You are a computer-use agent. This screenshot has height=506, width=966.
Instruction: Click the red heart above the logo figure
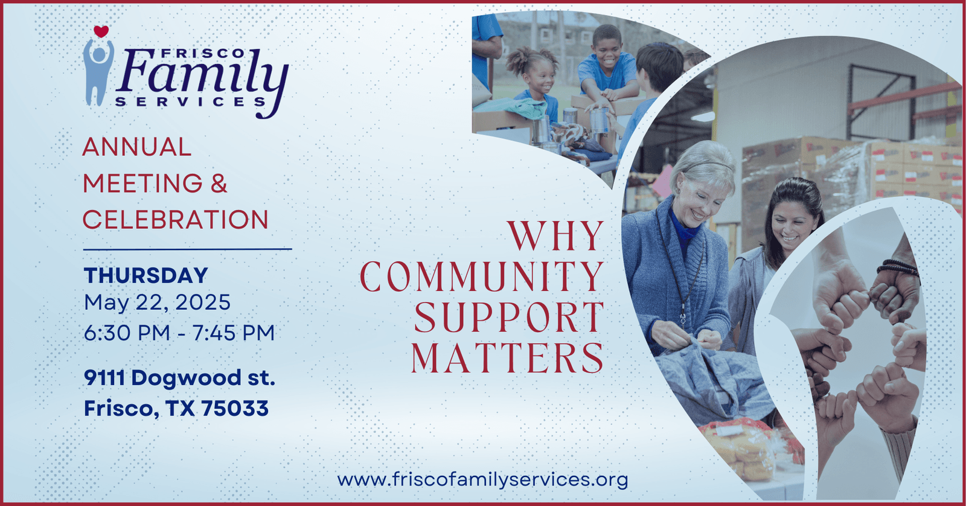click(x=101, y=31)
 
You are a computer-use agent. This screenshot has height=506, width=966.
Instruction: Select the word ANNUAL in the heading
click(x=136, y=147)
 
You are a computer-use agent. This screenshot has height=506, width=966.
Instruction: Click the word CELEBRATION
click(x=175, y=219)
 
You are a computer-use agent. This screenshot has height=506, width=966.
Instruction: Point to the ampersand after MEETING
click(x=219, y=183)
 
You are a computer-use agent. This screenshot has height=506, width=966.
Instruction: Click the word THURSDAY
click(x=146, y=275)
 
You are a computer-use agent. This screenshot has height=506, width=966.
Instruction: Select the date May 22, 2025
click(x=157, y=303)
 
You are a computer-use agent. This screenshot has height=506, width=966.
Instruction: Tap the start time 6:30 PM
click(x=127, y=333)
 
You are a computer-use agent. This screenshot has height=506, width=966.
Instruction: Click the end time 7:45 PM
click(x=233, y=333)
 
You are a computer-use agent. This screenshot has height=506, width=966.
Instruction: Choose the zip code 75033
click(x=235, y=408)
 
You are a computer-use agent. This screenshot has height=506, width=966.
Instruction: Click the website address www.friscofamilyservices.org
click(x=482, y=480)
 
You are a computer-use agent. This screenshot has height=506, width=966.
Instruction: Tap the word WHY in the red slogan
click(x=555, y=236)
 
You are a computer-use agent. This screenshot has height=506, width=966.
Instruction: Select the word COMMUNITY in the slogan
click(x=482, y=277)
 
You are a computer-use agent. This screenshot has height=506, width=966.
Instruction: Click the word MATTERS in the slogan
click(x=508, y=357)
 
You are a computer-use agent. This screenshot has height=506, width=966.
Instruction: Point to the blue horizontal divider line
click(x=187, y=249)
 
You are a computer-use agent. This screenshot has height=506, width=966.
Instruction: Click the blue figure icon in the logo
click(x=98, y=72)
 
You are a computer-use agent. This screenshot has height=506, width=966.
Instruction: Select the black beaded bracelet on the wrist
click(x=898, y=267)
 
